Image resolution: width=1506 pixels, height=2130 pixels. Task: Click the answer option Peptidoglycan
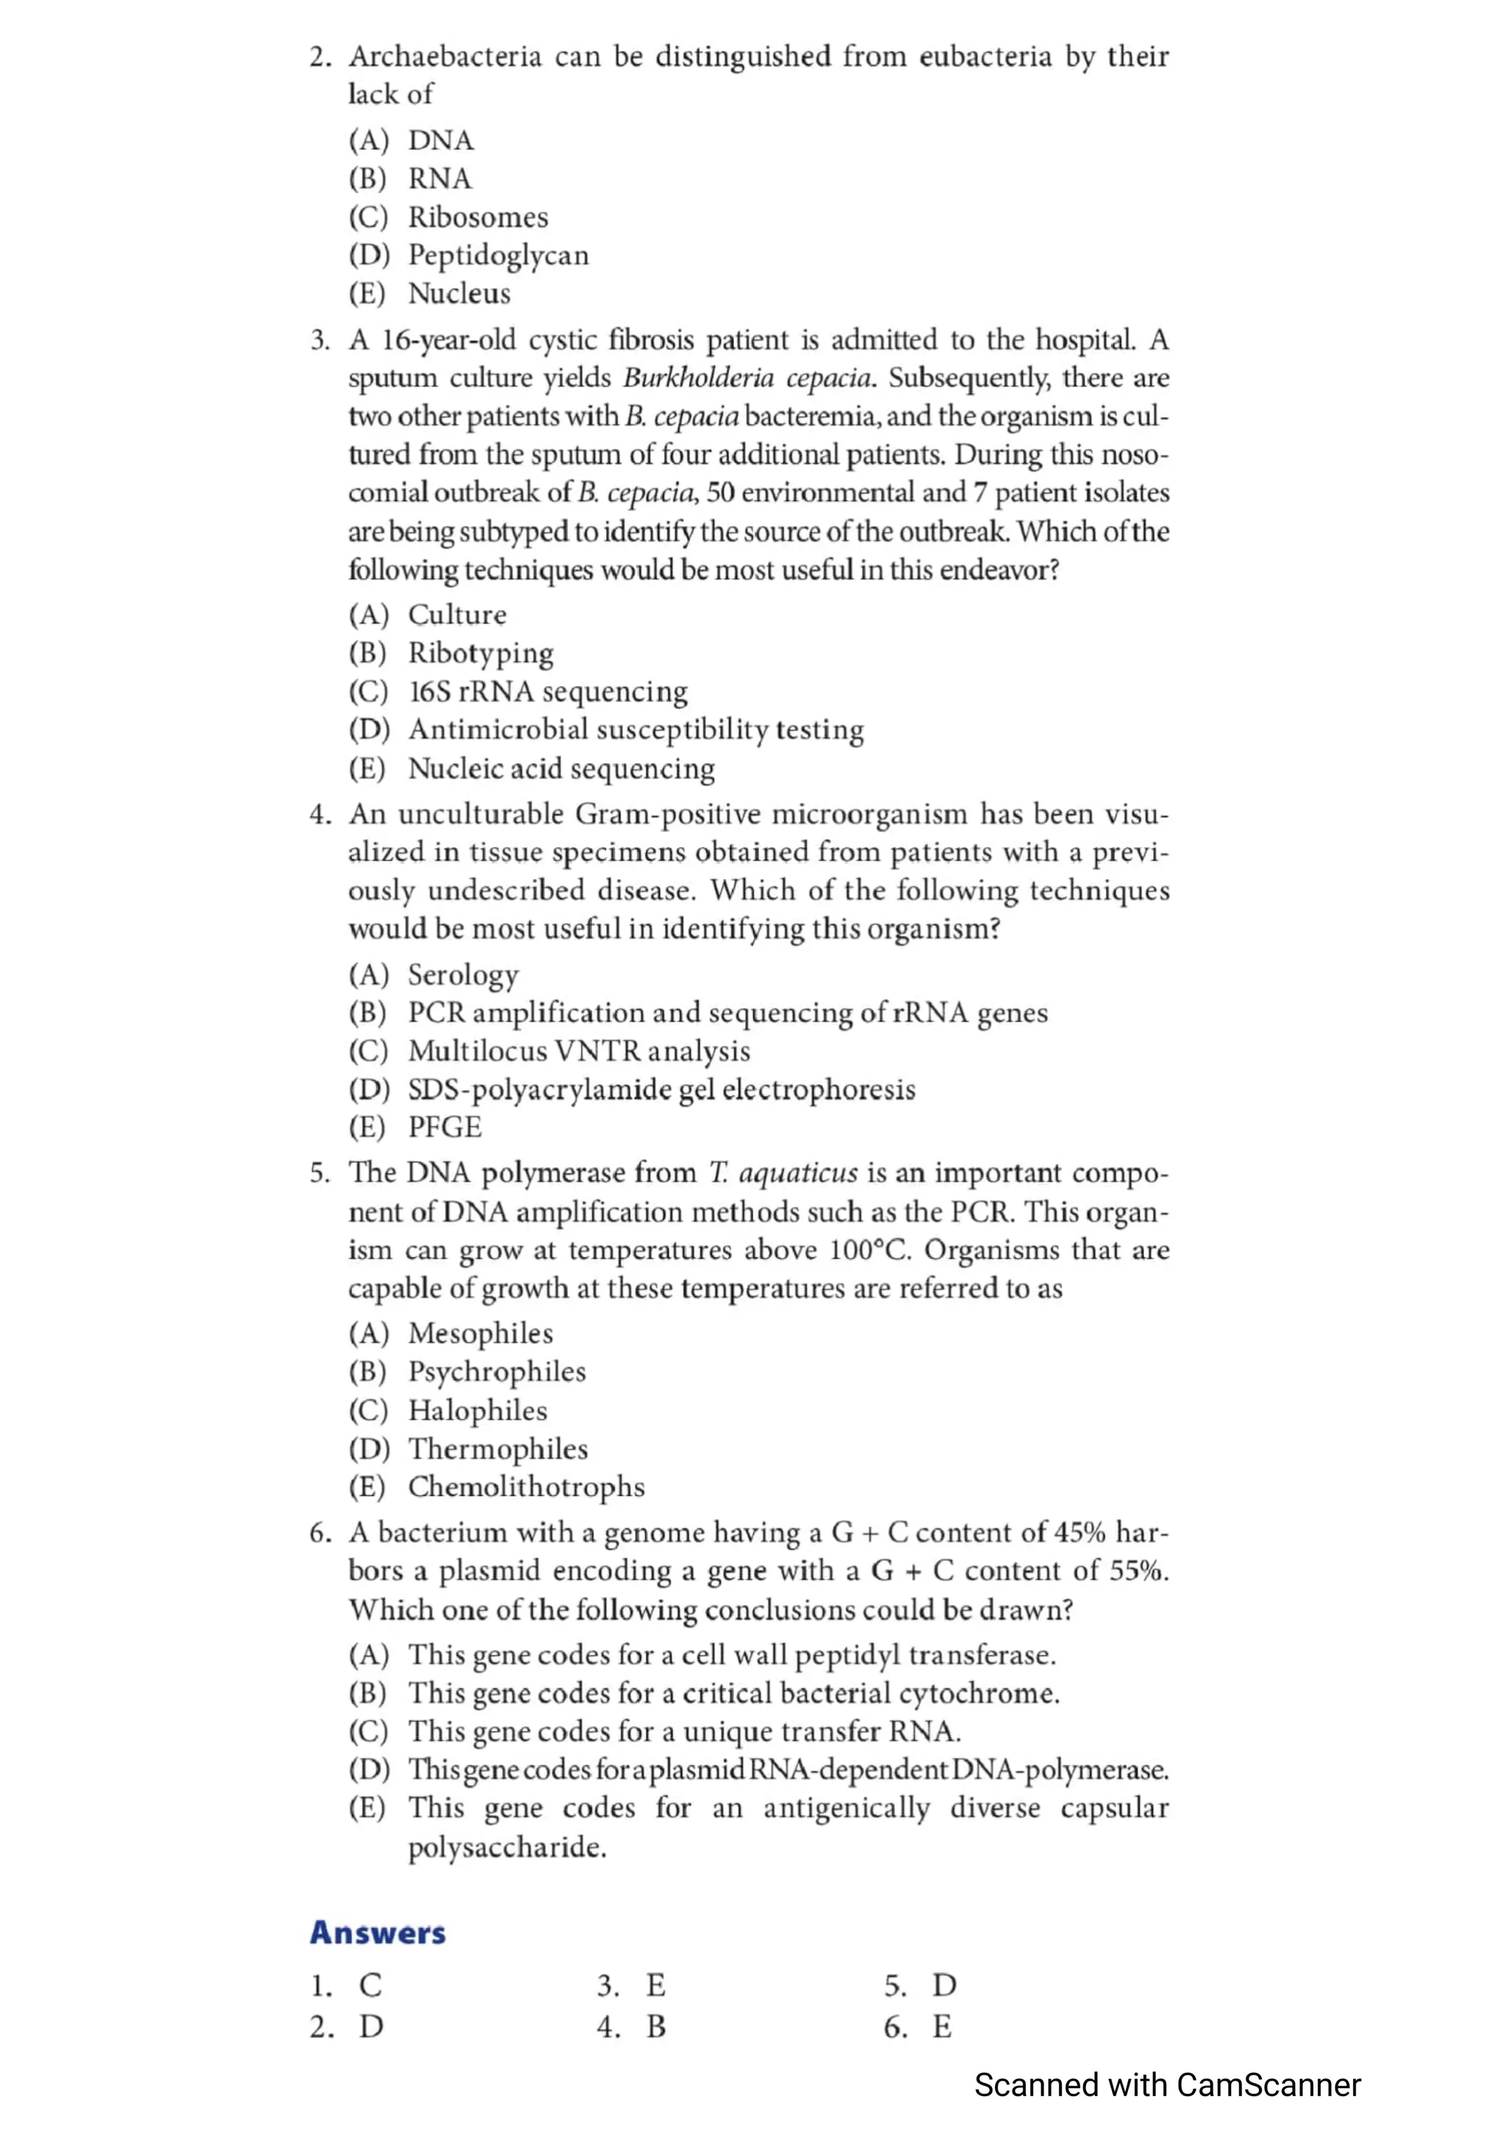click(x=499, y=255)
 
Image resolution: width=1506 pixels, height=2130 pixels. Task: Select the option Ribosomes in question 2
click(x=478, y=217)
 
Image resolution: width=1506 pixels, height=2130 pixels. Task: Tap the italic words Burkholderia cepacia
click(x=748, y=379)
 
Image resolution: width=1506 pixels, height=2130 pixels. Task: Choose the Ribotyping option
click(x=481, y=653)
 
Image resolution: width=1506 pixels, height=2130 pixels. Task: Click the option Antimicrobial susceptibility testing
click(x=635, y=730)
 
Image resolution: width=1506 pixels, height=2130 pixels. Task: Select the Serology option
click(x=463, y=975)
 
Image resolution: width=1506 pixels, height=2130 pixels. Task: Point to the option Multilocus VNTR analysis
click(x=579, y=1051)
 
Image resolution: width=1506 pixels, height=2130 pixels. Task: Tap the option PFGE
click(x=446, y=1127)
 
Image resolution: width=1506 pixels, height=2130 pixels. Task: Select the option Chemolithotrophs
click(x=526, y=1487)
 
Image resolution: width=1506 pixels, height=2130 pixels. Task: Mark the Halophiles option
click(x=478, y=1411)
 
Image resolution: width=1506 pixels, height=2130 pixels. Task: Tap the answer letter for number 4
click(x=656, y=2027)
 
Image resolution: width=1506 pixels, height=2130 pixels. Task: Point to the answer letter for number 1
click(x=370, y=1985)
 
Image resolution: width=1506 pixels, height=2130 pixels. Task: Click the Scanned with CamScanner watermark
click(x=1167, y=2085)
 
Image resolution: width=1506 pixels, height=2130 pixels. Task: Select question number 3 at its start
click(x=320, y=340)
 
